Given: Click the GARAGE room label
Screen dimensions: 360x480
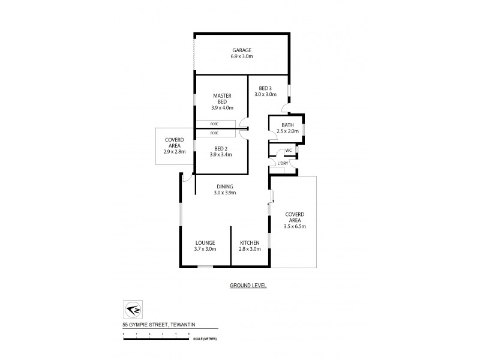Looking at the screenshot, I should pyautogui.click(x=242, y=50).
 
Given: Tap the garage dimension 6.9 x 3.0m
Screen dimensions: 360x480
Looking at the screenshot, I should pyautogui.click(x=242, y=56).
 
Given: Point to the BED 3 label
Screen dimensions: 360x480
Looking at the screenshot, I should pyautogui.click(x=265, y=88).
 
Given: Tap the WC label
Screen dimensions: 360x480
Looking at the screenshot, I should pyautogui.click(x=289, y=150).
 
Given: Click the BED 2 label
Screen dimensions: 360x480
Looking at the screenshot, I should pyautogui.click(x=221, y=148).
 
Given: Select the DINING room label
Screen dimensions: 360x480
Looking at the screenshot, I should pyautogui.click(x=225, y=186).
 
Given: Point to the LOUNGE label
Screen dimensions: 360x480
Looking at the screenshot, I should pyautogui.click(x=205, y=242).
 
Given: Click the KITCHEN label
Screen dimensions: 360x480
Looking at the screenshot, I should pyautogui.click(x=250, y=242).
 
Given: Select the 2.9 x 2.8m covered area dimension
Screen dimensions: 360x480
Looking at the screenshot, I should pyautogui.click(x=175, y=152).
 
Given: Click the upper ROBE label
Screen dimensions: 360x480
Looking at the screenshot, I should pyautogui.click(x=214, y=124).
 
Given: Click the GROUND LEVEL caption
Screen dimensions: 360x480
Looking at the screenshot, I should pyautogui.click(x=248, y=286).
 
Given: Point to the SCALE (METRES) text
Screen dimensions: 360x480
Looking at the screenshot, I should pyautogui.click(x=205, y=339).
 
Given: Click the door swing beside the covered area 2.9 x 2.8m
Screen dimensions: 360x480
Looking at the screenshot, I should pyautogui.click(x=187, y=178).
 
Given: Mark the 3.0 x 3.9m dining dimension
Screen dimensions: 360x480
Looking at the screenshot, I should pyautogui.click(x=225, y=193).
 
